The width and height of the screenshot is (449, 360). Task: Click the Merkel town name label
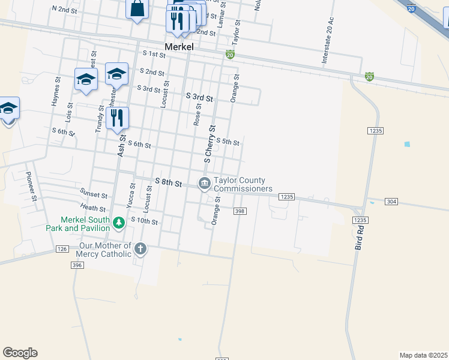[179, 46]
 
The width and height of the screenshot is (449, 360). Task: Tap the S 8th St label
[168, 181]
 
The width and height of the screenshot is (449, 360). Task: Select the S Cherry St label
[210, 144]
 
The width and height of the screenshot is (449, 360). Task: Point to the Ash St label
[121, 146]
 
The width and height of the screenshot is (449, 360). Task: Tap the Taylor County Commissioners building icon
[204, 182]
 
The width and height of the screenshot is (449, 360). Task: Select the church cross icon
[140, 248]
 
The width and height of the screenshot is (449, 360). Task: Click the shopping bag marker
[137, 9]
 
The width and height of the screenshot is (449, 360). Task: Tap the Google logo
[20, 353]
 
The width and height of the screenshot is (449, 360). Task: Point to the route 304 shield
[391, 202]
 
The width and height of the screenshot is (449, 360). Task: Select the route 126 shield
[62, 248]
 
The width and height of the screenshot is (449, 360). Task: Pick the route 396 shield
[76, 265]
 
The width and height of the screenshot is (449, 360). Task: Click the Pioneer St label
[31, 186]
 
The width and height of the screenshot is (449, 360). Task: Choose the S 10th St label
[144, 221]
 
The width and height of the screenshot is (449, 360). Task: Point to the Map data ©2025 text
[423, 355]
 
